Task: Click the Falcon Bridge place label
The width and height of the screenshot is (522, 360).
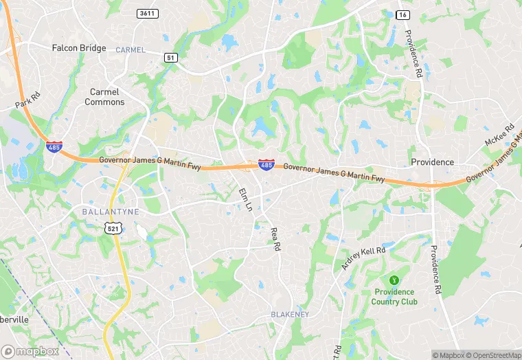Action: click(79, 48)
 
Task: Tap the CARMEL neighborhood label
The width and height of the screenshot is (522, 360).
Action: click(130, 50)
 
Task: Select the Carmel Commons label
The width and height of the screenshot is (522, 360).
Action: click(104, 97)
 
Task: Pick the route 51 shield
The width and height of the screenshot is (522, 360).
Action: click(170, 58)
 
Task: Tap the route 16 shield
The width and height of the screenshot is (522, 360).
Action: click(403, 14)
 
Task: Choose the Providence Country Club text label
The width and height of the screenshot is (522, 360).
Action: click(394, 297)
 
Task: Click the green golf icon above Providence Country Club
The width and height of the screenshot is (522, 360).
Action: click(394, 280)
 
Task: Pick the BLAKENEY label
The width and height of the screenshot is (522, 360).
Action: click(289, 315)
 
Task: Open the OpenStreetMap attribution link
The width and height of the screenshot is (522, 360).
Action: click(492, 355)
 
